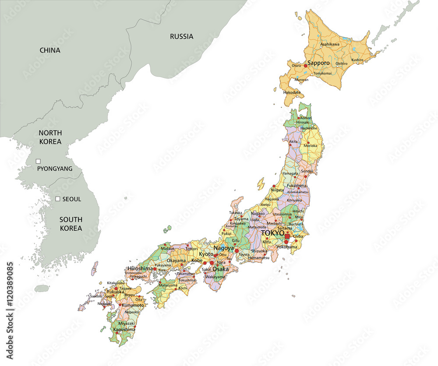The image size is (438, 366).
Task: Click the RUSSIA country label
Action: pyautogui.click(x=181, y=36)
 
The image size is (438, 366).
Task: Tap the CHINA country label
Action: pyautogui.click(x=50, y=50)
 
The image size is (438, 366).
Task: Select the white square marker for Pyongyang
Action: pyautogui.click(x=38, y=161)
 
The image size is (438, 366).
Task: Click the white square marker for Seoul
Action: pyautogui.click(x=57, y=199)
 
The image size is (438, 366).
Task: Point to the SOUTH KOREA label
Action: pyautogui.click(x=71, y=224)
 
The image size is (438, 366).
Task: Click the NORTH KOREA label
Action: pyautogui.click(x=50, y=137)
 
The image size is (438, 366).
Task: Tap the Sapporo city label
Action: pyautogui.click(x=318, y=63)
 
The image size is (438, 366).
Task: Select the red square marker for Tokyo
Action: pyautogui.click(x=287, y=236)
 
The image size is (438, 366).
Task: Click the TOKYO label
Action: pyautogui.click(x=272, y=233)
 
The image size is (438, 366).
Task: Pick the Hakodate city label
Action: pyautogui.click(x=292, y=92)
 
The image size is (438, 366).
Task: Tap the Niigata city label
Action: pyautogui.click(x=277, y=190)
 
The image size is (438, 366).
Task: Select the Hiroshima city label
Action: pyautogui.click(x=140, y=268)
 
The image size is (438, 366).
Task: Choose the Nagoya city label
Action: pyautogui.click(x=223, y=248)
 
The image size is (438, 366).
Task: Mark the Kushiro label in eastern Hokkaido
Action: pyautogui.click(x=357, y=60)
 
